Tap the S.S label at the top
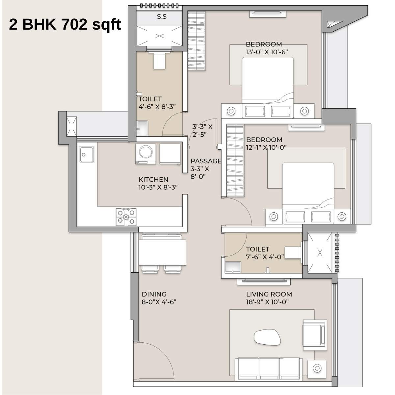click(x=162, y=17)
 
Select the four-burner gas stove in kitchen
click(x=126, y=217)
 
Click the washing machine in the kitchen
click(x=145, y=153)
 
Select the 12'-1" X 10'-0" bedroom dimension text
click(x=266, y=147)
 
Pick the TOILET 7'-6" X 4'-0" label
click(x=265, y=253)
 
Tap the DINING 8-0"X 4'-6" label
click(x=159, y=298)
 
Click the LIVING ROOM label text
click(x=269, y=294)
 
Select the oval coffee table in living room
click(x=267, y=338)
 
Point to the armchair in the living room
click(x=314, y=333)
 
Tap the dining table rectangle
click(x=162, y=252)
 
